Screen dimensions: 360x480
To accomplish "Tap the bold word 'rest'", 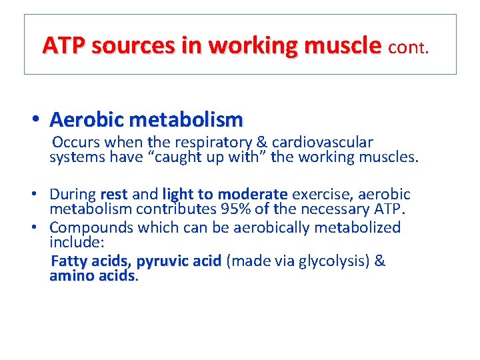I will click(113, 195).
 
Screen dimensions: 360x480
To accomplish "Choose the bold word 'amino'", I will click(71, 276).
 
